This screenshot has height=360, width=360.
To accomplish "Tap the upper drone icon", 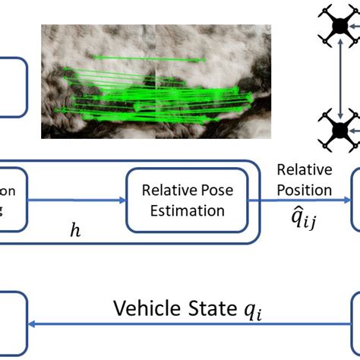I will (x=339, y=25).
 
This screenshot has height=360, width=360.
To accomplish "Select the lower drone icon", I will (x=339, y=131).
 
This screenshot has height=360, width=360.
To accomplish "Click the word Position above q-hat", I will (x=304, y=190).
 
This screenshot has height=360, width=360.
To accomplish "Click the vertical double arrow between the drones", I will (x=339, y=78).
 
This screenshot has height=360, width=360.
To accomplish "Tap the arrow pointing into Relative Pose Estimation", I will (x=76, y=201).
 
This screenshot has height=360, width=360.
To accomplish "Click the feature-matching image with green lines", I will (x=156, y=81).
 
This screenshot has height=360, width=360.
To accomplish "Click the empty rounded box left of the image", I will (x=11, y=87).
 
